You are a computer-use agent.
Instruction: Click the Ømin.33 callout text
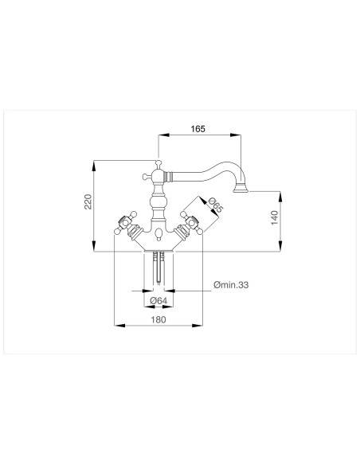(231, 286)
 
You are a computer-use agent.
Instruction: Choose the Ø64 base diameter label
(158, 299)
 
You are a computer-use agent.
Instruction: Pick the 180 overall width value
(158, 319)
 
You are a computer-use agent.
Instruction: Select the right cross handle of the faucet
(192, 226)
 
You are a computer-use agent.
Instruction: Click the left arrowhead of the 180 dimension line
(118, 325)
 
